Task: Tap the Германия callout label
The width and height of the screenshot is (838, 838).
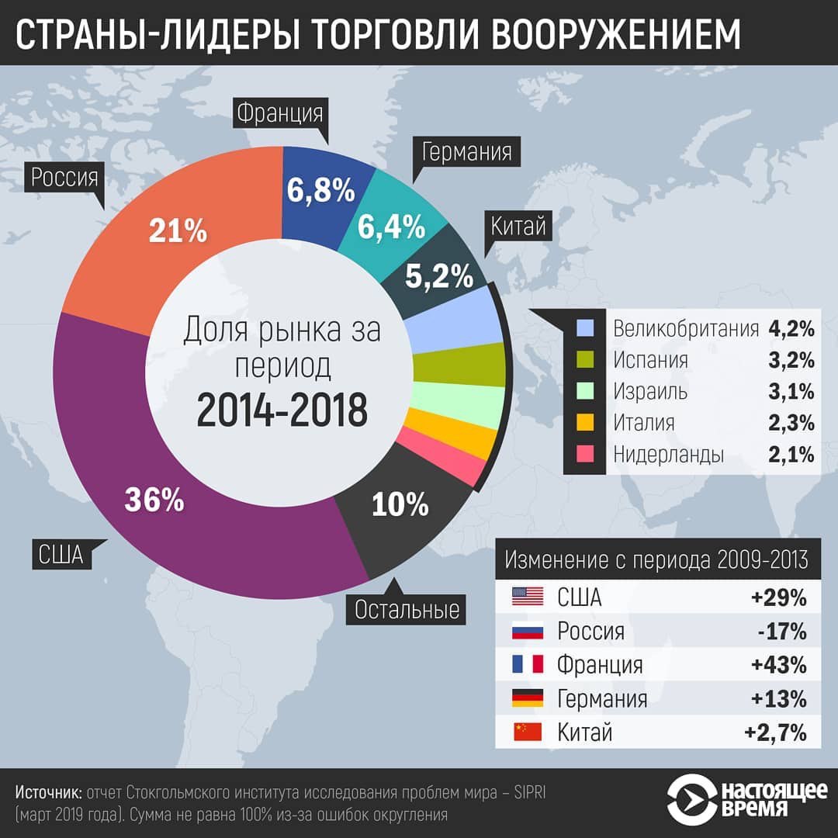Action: (x=466, y=151)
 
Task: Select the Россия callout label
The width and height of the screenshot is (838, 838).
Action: (x=65, y=178)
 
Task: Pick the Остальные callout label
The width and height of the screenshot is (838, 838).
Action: (x=407, y=610)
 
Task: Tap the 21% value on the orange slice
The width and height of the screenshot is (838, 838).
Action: (x=177, y=230)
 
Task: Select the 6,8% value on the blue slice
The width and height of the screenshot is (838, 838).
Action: (x=320, y=190)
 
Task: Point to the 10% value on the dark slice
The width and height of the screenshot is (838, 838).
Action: (x=400, y=505)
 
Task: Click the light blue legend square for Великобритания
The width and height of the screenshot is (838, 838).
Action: (x=585, y=328)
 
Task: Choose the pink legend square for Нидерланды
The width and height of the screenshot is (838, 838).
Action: (x=585, y=454)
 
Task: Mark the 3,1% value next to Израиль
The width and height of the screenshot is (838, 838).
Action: (x=791, y=391)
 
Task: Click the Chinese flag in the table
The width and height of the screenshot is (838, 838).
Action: (x=527, y=732)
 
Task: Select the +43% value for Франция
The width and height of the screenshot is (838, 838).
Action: (x=778, y=665)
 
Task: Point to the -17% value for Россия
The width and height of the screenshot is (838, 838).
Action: (x=782, y=632)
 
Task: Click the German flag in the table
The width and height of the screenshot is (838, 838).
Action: (x=527, y=698)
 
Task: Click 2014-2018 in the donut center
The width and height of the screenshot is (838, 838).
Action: (x=281, y=410)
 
